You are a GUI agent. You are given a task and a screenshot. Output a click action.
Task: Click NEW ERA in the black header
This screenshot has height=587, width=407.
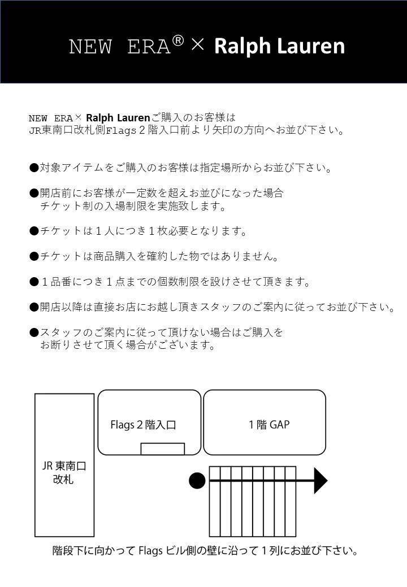119,46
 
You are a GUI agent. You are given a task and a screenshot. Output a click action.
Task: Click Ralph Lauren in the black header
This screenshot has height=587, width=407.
279,46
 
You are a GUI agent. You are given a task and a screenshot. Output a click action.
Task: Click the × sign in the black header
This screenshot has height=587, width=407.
197,45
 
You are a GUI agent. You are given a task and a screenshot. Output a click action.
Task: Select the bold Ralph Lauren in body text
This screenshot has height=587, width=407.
118,118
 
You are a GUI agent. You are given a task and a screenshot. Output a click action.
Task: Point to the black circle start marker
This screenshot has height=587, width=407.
197,481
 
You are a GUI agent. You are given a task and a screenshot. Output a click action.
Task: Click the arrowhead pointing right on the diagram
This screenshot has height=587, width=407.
321,481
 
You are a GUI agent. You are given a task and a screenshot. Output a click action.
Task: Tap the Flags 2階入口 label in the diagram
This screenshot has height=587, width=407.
143,424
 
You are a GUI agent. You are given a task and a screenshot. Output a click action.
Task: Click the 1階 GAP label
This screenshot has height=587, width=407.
269,424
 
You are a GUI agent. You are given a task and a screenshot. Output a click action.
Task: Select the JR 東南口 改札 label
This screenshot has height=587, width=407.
64,473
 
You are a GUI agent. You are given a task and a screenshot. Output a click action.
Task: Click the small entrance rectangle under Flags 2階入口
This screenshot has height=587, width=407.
162,449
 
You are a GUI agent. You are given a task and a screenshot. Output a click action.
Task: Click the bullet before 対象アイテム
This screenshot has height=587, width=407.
34,168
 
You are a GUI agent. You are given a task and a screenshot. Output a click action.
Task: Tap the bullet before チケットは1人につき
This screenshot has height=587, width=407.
34,231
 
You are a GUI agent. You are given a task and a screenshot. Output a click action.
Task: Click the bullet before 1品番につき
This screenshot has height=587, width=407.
34,281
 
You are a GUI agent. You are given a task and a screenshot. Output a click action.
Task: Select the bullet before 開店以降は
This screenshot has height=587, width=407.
34,307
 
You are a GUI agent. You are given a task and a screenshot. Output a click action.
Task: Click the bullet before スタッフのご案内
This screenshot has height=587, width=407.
34,332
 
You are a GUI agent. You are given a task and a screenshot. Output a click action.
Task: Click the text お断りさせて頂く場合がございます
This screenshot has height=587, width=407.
128,345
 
